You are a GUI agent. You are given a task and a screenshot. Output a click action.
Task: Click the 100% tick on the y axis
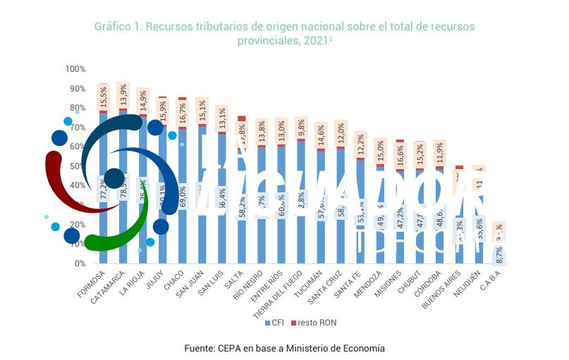(75, 69)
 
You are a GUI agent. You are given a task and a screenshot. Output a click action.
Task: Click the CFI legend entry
(276, 323)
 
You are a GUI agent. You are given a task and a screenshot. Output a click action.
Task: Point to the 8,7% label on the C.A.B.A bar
(499, 256)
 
